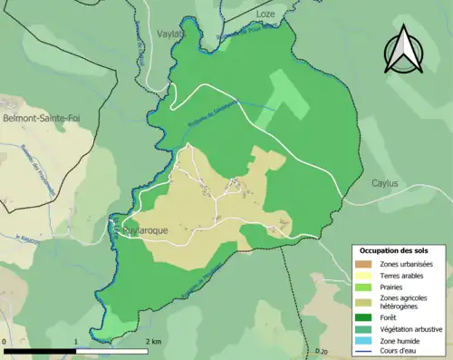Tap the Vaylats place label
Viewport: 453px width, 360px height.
pyautogui.click(x=170, y=34)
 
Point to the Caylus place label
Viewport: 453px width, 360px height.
pyautogui.click(x=385, y=183)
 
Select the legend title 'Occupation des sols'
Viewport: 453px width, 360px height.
pyautogui.click(x=395, y=249)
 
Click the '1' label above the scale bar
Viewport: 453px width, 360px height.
pyautogui.click(x=76, y=342)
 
